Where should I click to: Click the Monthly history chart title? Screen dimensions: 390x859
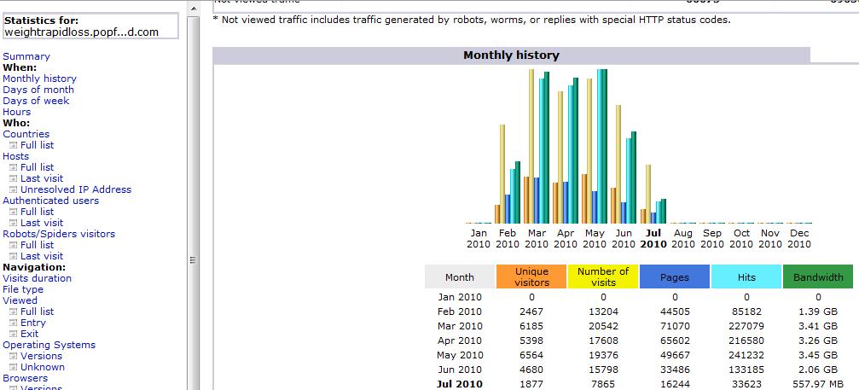click(511, 55)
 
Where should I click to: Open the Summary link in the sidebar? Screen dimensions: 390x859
click(26, 56)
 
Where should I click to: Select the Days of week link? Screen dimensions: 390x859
click(36, 101)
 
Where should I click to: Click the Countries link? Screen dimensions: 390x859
click(26, 134)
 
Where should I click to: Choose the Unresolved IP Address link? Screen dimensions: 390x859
click(76, 189)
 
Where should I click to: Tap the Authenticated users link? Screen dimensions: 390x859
click(50, 201)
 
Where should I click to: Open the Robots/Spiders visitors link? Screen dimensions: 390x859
click(59, 234)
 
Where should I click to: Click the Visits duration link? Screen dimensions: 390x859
click(38, 278)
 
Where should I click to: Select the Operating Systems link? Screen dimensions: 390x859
click(49, 345)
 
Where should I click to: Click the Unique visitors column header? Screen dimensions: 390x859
click(532, 276)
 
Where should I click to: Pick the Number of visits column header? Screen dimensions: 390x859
click(603, 276)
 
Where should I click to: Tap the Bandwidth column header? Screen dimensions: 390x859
click(818, 276)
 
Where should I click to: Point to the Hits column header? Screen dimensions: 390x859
click(746, 276)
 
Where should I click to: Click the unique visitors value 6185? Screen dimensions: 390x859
click(531, 326)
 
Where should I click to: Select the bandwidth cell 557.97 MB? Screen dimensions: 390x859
click(817, 384)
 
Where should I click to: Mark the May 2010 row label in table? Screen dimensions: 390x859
click(460, 355)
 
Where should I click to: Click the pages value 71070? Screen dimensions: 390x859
click(674, 326)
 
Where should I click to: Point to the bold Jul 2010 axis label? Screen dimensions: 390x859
click(653, 238)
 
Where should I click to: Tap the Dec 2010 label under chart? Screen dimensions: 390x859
click(799, 238)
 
